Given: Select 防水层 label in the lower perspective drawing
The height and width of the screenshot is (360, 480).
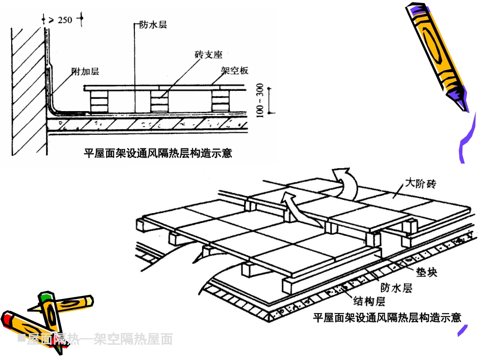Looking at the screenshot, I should [x=397, y=288].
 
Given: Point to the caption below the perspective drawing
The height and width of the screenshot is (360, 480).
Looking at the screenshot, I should [x=387, y=318].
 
